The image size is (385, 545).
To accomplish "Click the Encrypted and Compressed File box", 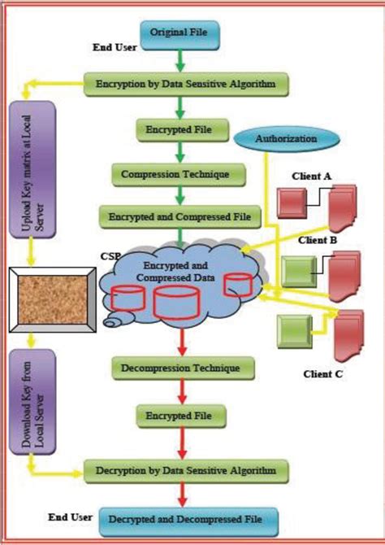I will tap(180, 216).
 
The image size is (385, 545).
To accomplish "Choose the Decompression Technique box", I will tap(180, 368).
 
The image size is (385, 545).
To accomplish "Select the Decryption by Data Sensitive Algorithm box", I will tap(186, 470).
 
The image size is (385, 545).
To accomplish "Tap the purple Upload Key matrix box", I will tap(31, 168).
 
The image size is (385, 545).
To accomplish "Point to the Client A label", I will tap(315, 176).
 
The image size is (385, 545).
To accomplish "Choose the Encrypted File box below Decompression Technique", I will tap(180, 416).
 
